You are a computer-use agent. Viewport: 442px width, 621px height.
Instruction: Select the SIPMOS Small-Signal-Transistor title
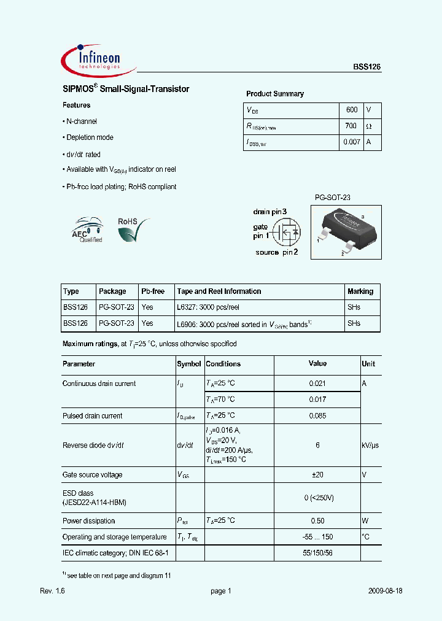[x=126, y=89]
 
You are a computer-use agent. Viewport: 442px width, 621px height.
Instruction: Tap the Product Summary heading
[x=275, y=94]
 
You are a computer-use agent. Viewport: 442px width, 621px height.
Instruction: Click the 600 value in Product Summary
[x=351, y=110]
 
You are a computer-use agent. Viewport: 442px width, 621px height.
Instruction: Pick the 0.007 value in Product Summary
[x=351, y=142]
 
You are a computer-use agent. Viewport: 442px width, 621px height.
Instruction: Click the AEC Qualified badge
[x=88, y=230]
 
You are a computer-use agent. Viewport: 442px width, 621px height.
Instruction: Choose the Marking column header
[x=360, y=291]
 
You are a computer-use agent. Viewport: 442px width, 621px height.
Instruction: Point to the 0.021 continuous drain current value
[x=317, y=384]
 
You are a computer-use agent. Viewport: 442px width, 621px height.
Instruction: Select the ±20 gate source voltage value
[x=317, y=475]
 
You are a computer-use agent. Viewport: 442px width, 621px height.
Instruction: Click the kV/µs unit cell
[x=370, y=445]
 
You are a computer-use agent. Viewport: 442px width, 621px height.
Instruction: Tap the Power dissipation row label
[x=89, y=521]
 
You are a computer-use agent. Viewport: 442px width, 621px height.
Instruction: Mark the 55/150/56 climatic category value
[x=317, y=553]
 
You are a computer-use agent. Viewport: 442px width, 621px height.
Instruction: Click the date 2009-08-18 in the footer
[x=385, y=591]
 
